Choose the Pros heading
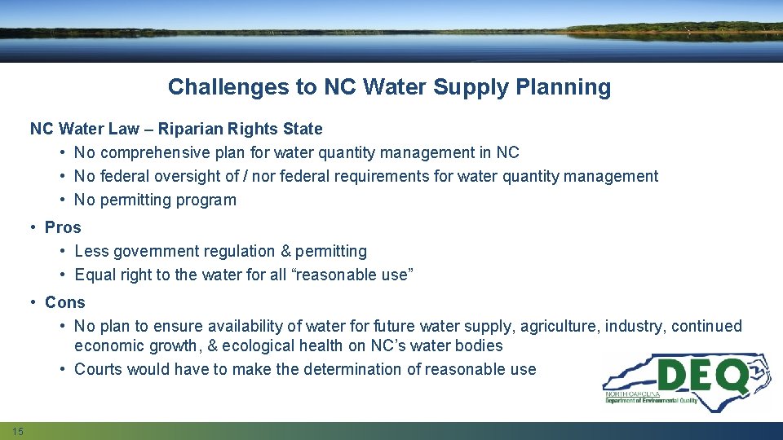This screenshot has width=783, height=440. tap(63, 227)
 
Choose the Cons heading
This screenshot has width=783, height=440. tap(64, 302)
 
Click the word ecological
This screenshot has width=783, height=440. tap(260, 345)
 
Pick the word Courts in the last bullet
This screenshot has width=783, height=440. tap(98, 369)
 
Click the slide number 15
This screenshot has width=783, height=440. tap(18, 430)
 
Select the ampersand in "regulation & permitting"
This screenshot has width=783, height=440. tap(285, 251)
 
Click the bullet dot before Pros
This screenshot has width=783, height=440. tap(34, 227)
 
